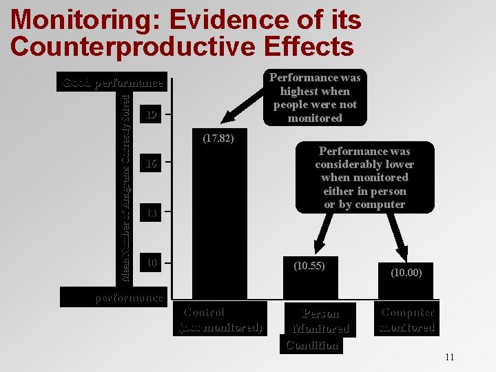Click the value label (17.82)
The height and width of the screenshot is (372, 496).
(218, 138)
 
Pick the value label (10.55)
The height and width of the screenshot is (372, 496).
(309, 265)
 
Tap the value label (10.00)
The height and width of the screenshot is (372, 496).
(406, 273)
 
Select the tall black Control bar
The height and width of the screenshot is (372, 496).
(219, 220)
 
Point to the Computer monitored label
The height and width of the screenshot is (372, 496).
(407, 320)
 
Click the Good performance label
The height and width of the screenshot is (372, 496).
(113, 83)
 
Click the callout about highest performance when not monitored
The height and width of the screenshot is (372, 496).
(314, 98)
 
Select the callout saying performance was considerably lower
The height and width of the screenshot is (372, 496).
(364, 178)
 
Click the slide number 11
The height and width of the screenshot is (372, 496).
(450, 357)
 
